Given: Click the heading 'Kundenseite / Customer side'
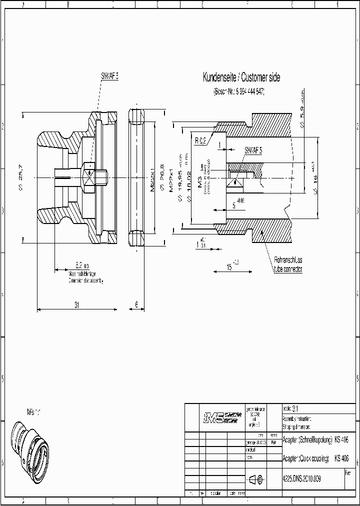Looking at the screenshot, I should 241,77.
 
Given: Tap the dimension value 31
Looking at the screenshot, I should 76,304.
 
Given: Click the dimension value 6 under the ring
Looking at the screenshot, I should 136,304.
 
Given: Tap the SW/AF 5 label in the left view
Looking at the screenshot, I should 109,76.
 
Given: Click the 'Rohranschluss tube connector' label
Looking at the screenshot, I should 288,264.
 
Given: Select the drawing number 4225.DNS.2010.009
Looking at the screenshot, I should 302,478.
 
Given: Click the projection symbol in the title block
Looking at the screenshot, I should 258,479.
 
